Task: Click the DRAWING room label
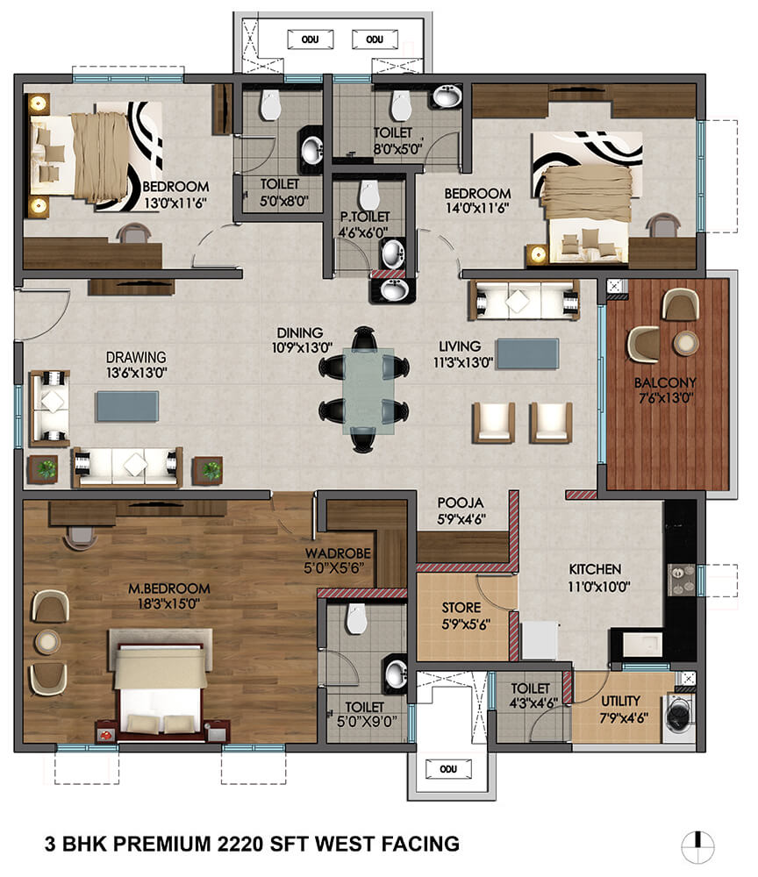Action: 136,357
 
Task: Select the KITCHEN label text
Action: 594,569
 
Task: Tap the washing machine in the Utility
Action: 681,712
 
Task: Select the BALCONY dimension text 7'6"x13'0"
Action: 666,397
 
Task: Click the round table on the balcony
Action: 684,340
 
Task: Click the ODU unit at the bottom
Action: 442,769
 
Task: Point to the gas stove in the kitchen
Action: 679,576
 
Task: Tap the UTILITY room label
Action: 620,701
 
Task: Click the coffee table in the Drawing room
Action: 128,404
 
